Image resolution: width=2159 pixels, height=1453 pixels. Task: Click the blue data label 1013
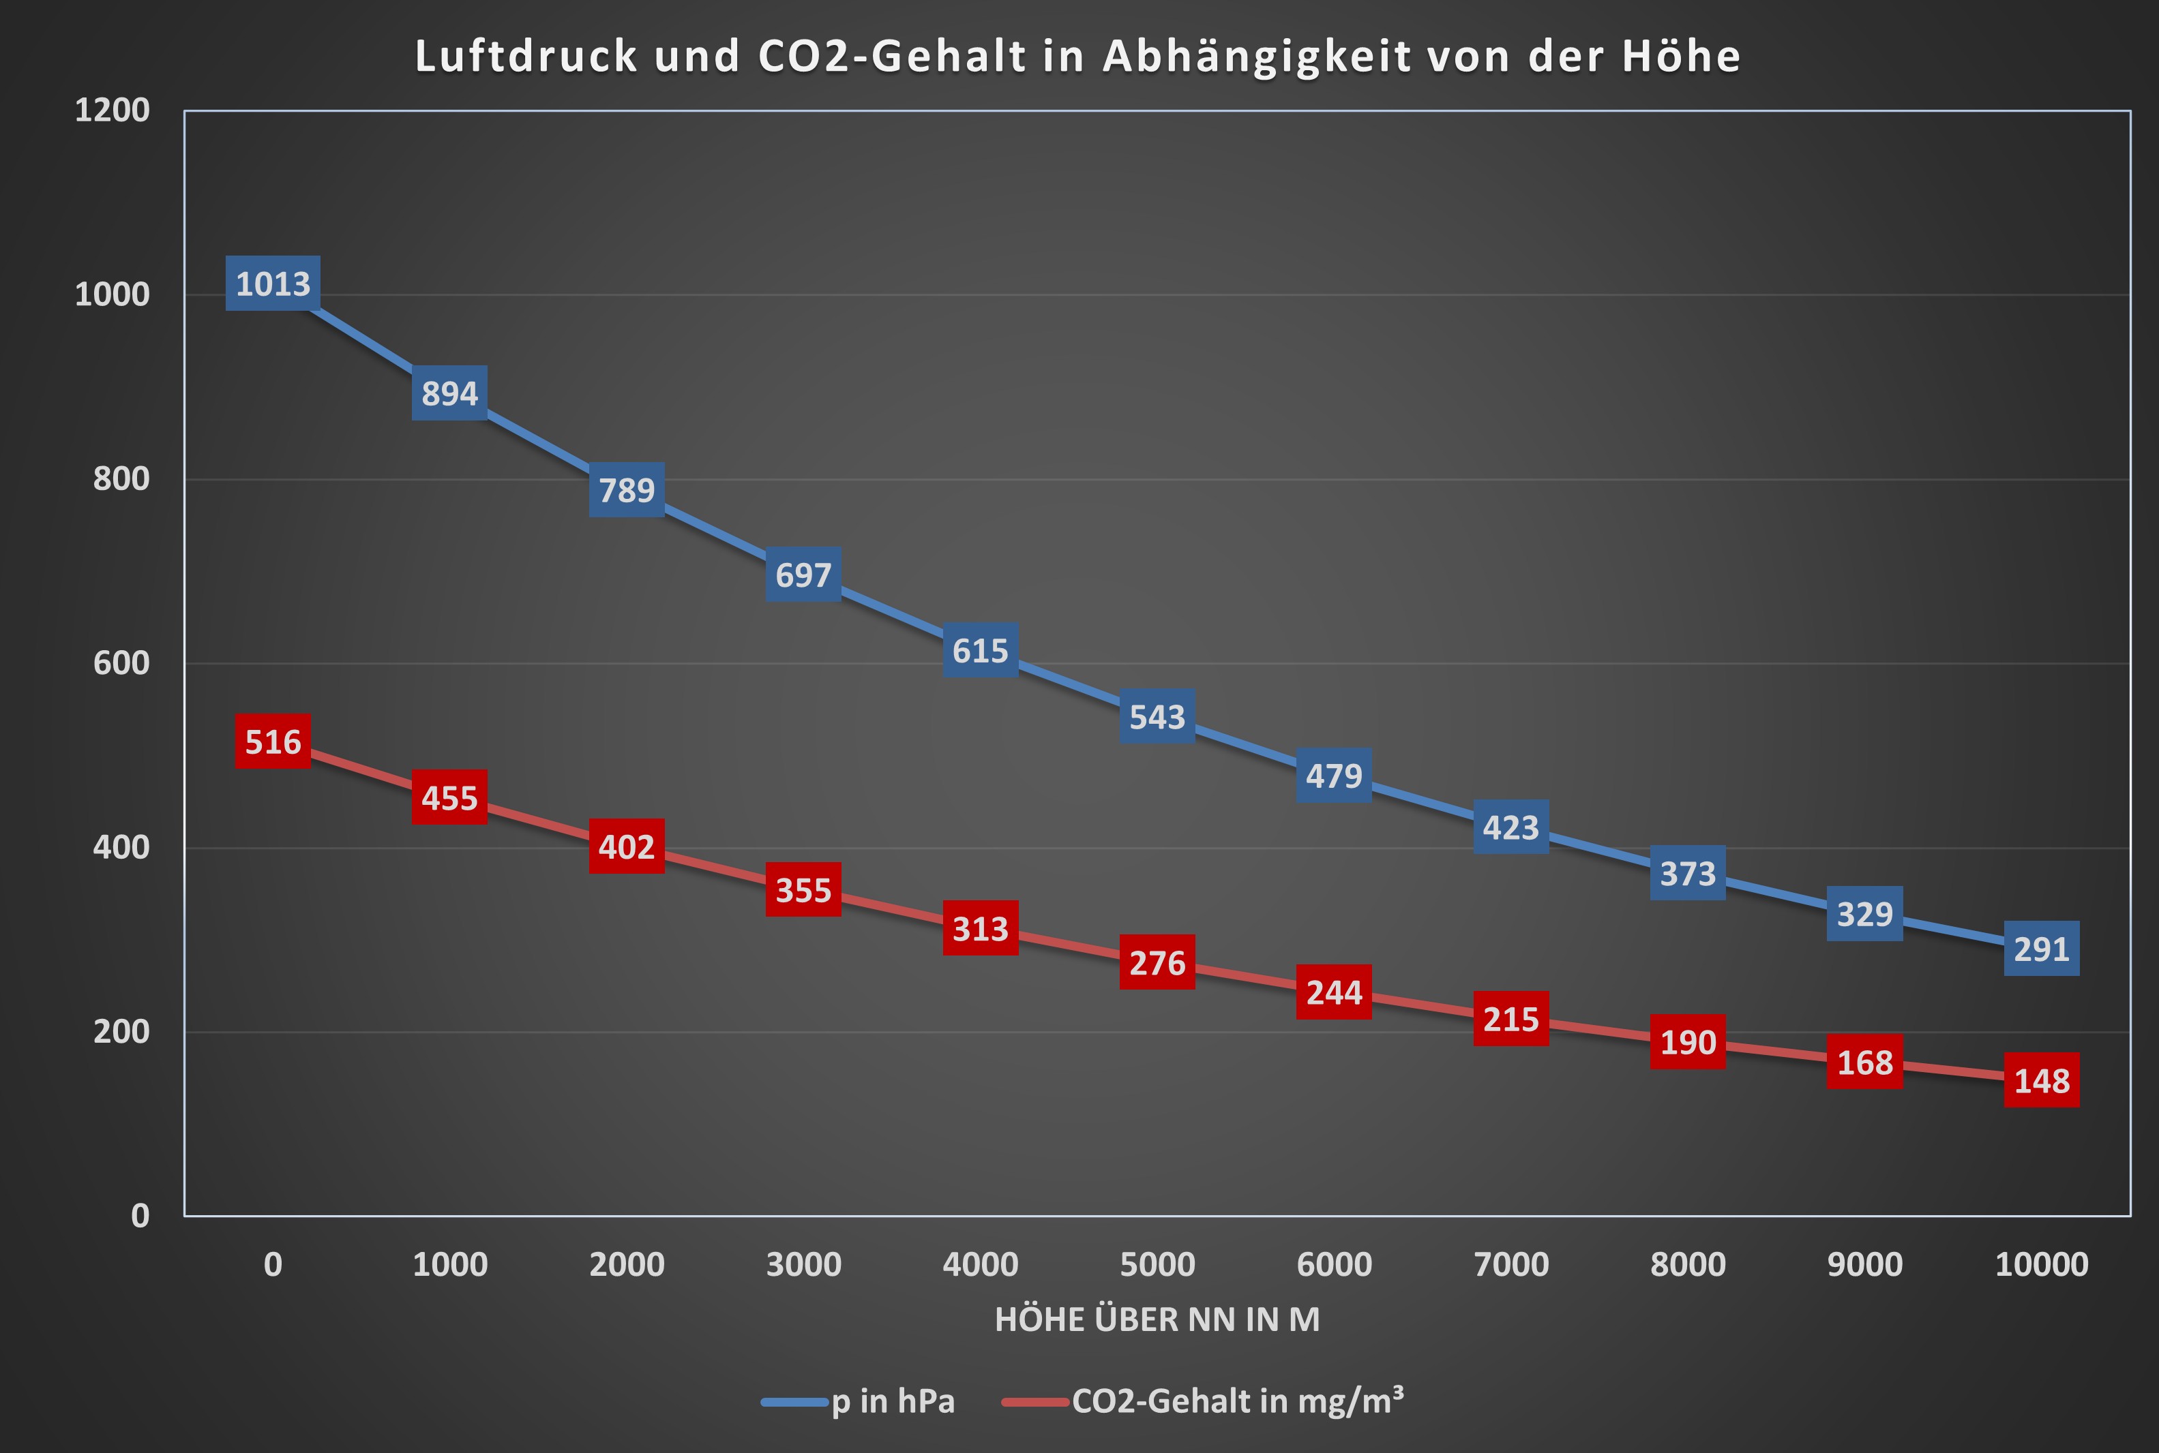[x=273, y=283]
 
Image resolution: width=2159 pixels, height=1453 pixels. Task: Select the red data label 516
[x=273, y=741]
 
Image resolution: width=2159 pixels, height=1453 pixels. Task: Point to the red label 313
[x=980, y=928]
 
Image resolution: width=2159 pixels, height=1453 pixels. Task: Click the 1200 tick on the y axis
[x=112, y=110]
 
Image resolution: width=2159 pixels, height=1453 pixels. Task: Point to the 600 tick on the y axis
[x=121, y=664]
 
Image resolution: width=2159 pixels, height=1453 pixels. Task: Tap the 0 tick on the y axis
[x=140, y=1215]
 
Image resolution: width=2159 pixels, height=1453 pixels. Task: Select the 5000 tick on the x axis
[x=1157, y=1264]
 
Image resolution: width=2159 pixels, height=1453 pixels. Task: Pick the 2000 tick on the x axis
[x=627, y=1264]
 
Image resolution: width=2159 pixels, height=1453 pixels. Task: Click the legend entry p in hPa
[x=892, y=1401]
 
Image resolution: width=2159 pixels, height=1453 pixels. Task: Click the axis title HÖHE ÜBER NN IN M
[x=1157, y=1319]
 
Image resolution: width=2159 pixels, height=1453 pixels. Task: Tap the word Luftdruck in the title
[x=526, y=57]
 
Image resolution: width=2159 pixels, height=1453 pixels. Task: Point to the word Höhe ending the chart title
[x=1681, y=57]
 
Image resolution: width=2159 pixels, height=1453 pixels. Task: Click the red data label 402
[x=627, y=846]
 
